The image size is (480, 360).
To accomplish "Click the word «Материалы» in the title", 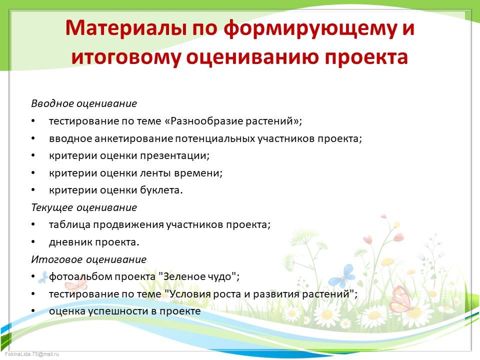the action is point(126,28).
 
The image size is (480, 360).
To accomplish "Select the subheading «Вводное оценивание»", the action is point(84,103).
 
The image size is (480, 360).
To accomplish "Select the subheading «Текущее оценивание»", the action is point(84,207).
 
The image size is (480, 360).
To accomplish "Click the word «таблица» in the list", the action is point(69,224).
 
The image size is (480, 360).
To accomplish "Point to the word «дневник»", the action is point(69,242).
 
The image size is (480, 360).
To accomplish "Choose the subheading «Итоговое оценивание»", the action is point(89,259).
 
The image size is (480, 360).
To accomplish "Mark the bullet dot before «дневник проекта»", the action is point(33,242).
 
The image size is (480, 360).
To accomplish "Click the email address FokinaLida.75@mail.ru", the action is point(31,354).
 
